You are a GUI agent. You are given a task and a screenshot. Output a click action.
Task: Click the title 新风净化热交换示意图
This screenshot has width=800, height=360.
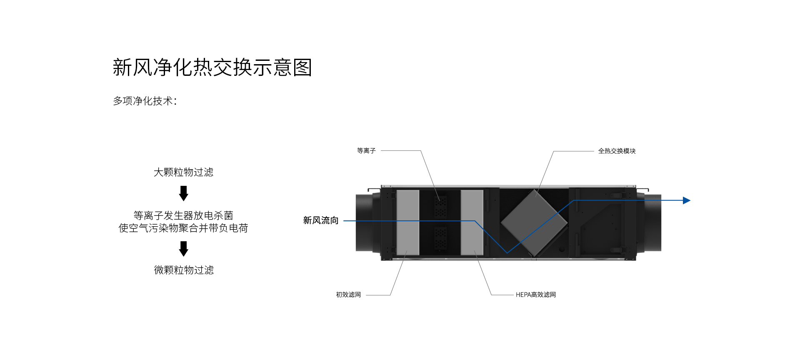[x=212, y=67]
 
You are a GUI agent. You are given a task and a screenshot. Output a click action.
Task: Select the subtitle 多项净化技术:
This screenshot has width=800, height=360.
[x=145, y=101]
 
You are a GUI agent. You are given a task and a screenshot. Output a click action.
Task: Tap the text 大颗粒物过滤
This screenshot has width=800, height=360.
[x=183, y=172]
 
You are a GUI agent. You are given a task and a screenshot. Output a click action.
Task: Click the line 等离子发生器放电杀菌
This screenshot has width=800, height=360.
[x=183, y=215]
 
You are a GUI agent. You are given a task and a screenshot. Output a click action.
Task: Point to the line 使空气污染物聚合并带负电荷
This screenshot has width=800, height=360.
[x=183, y=228]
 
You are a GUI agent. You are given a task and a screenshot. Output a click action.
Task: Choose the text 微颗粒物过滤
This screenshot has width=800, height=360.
[x=184, y=270]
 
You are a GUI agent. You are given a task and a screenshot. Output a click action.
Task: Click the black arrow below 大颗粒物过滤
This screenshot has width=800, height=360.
[x=183, y=193]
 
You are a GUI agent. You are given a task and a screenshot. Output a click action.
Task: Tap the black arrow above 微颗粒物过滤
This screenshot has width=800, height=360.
[x=183, y=249]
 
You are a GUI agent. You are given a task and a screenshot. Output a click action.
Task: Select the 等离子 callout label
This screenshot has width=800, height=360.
[x=366, y=150]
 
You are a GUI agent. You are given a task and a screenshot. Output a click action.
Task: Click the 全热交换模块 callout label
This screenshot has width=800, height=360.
[x=617, y=151]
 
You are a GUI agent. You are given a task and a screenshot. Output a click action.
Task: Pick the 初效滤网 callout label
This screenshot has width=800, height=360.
[x=348, y=295]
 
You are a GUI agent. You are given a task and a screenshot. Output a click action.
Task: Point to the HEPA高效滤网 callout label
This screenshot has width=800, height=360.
[x=536, y=295]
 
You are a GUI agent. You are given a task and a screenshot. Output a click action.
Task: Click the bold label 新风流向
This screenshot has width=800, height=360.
[x=321, y=220]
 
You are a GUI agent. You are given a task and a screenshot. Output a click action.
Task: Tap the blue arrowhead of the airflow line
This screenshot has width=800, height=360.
[x=687, y=200]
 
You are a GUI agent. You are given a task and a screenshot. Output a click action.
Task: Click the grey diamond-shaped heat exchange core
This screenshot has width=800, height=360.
[x=534, y=222]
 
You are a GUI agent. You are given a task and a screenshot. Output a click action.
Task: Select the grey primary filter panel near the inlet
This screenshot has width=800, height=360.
[x=407, y=222]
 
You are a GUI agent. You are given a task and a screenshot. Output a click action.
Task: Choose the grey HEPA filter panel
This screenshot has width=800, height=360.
[x=472, y=222]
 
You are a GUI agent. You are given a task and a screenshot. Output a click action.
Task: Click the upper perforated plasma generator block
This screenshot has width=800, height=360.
[x=440, y=207]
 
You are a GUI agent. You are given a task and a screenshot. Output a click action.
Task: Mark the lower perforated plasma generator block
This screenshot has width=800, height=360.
[x=440, y=238]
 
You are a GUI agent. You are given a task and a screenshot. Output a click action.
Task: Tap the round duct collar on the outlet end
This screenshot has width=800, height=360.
[x=653, y=222]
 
